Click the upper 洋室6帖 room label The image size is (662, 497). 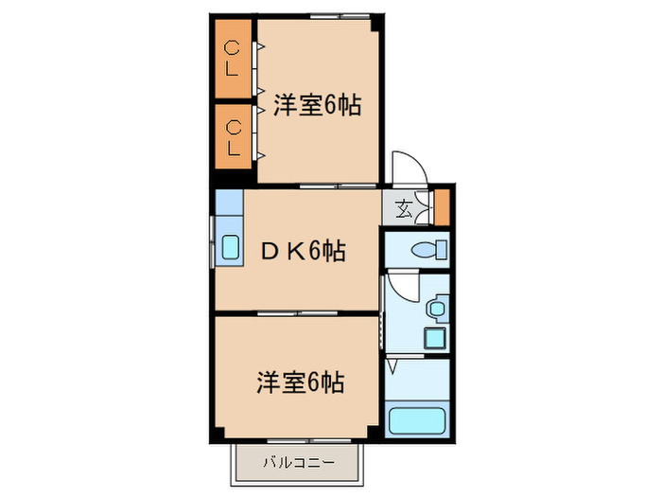pos(318,105)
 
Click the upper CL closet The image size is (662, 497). pos(233,58)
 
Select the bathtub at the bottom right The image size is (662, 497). pos(419,419)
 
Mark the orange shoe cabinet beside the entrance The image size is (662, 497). pos(442,206)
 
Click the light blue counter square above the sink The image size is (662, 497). pos(229,204)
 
